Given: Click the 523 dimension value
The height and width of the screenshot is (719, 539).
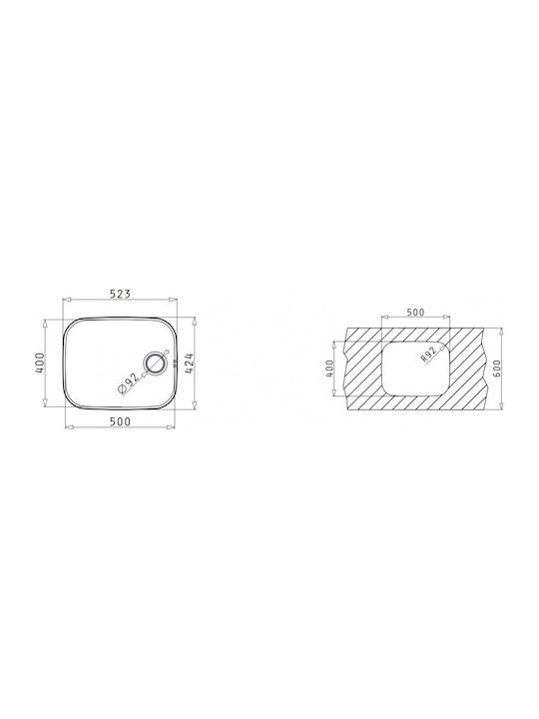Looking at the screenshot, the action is (x=120, y=294).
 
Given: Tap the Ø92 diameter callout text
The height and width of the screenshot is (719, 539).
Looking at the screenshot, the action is (x=129, y=382).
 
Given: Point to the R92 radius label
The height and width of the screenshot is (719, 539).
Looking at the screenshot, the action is (x=428, y=355).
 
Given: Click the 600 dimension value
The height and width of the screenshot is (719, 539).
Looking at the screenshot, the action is (x=498, y=367).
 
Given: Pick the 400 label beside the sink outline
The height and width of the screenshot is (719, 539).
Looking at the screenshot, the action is (x=40, y=362).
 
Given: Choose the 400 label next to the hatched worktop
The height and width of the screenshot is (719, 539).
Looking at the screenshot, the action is (x=329, y=368).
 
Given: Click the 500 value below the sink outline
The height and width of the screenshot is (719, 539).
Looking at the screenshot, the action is (x=120, y=421).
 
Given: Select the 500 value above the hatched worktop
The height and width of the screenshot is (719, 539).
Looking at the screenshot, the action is (x=415, y=313).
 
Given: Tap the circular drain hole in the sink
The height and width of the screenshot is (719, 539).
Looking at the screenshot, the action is (x=156, y=363).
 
